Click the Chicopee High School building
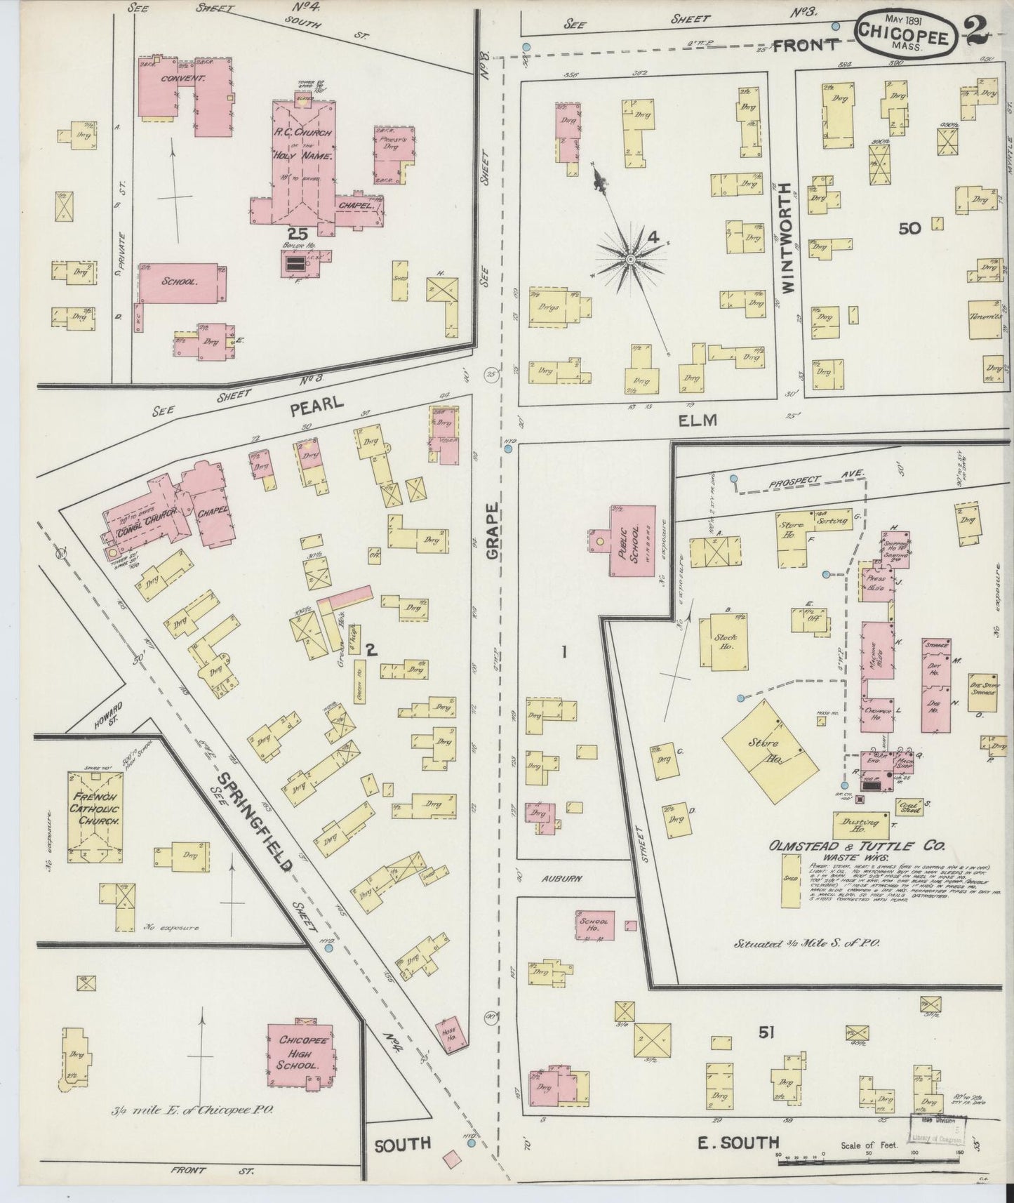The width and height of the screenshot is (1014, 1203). (x=300, y=1055)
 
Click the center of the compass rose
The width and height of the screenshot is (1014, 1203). (x=631, y=260)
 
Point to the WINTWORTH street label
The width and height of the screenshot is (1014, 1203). (x=784, y=239)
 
